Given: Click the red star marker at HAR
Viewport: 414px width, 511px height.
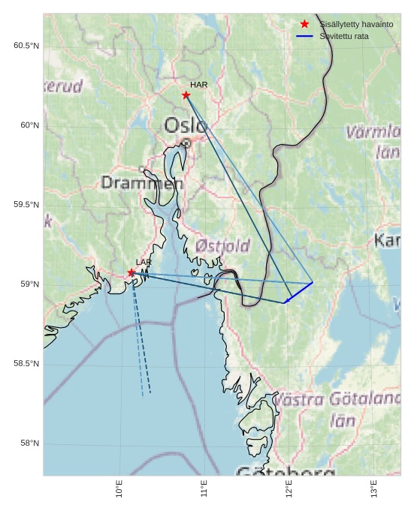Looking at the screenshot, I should click(186, 95).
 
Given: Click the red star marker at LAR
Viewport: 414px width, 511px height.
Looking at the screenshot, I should click(131, 272).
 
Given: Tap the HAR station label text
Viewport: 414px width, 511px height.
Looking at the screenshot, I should click(198, 85).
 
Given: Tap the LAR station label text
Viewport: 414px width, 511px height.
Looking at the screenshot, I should click(144, 262).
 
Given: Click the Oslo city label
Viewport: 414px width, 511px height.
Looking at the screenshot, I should click(185, 125).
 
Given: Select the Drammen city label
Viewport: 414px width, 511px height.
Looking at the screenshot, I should click(141, 182).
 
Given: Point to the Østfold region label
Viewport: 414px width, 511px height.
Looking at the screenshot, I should click(222, 245).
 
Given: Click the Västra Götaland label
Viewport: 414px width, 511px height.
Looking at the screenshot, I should click(337, 399).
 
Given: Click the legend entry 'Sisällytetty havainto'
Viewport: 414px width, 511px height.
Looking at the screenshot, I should click(356, 24).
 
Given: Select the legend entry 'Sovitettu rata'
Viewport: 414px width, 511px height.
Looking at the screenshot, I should click(346, 36).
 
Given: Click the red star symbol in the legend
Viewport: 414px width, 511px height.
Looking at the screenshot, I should click(304, 24).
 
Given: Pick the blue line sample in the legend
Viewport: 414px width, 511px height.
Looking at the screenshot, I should click(304, 36).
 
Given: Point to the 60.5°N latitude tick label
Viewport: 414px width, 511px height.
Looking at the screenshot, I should click(26, 46).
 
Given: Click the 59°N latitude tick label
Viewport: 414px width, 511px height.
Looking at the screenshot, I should click(29, 284).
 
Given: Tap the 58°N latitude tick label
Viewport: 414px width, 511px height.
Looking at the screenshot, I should click(29, 443).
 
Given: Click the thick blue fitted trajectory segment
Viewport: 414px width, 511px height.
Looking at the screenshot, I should click(299, 293).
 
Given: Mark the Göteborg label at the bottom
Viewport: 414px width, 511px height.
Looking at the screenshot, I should click(286, 472).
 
